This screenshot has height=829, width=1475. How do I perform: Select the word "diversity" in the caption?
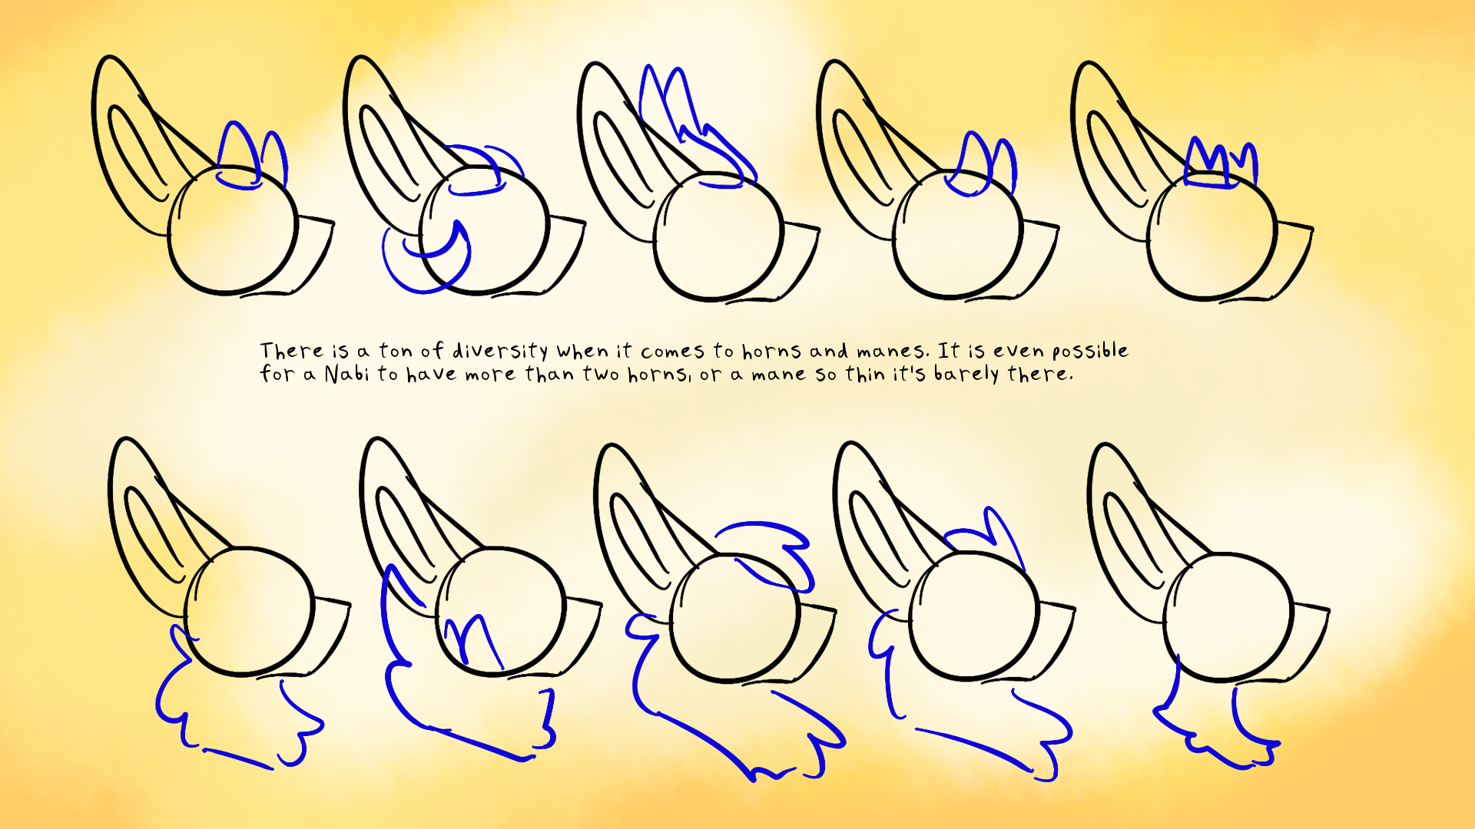pos(500,351)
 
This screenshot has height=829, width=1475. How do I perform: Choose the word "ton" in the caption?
pos(396,351)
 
